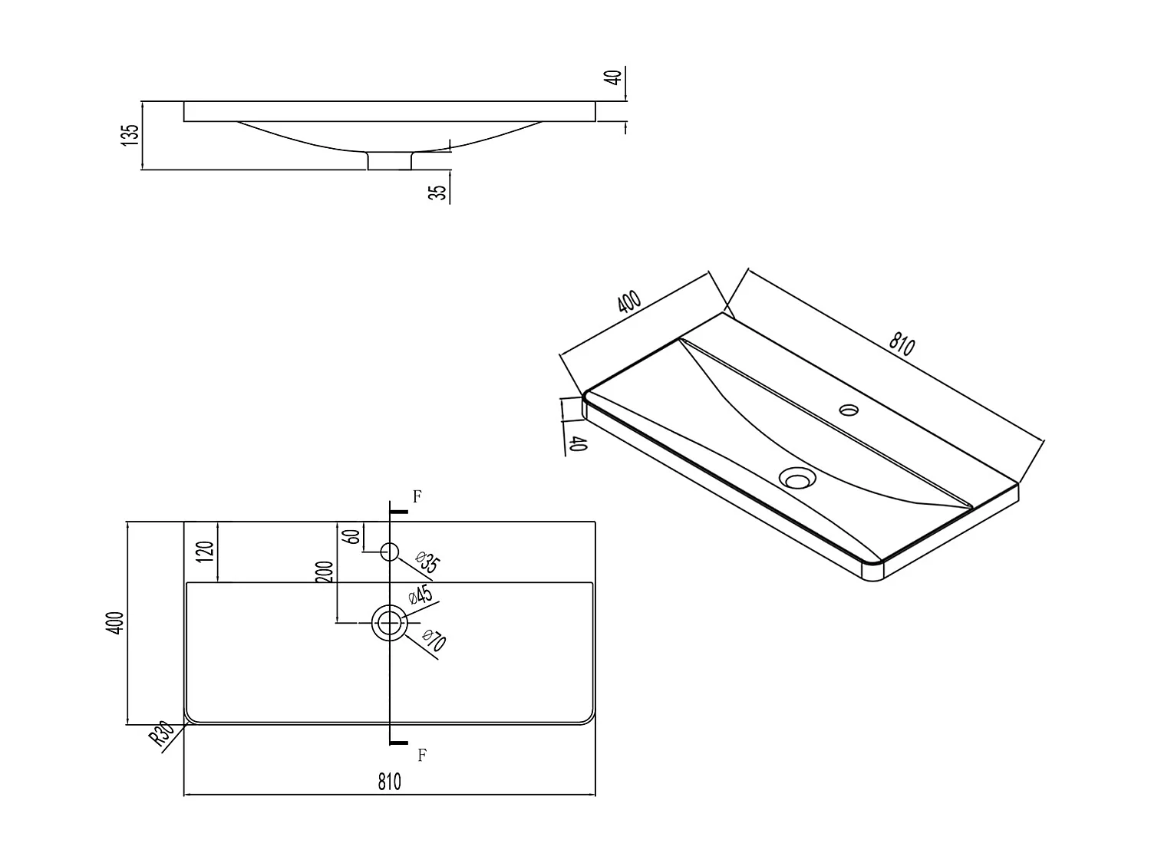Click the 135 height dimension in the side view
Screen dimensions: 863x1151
(x=131, y=135)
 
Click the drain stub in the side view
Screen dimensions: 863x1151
(x=390, y=160)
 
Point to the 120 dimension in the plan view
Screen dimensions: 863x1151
(x=205, y=551)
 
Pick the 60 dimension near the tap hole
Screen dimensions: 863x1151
(x=353, y=536)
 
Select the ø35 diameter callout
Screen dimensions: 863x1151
(x=427, y=562)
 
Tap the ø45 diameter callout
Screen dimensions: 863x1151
(x=420, y=596)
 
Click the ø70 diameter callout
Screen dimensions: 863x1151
(x=434, y=641)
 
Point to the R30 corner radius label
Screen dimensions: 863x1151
(x=161, y=735)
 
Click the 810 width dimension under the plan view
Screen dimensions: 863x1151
(x=389, y=782)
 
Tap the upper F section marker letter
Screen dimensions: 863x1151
(x=417, y=496)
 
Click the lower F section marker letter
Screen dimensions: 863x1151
(x=421, y=756)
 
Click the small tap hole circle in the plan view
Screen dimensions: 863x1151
(x=389, y=551)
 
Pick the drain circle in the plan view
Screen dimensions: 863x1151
(x=389, y=622)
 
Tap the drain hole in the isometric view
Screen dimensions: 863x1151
(x=796, y=479)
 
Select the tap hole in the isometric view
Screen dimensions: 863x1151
(x=849, y=409)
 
